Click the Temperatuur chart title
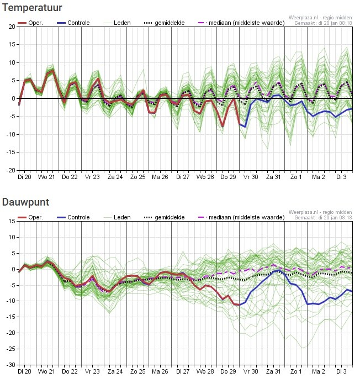click(32, 8)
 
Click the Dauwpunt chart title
click(25, 202)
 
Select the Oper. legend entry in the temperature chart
click(30, 23)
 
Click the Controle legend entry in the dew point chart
click(73, 217)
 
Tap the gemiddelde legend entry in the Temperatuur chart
click(164, 23)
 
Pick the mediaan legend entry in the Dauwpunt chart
click(241, 217)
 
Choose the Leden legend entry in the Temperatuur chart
click(117, 23)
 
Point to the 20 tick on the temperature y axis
click(12, 27)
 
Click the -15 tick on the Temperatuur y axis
click(11, 153)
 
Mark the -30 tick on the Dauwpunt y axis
click(11, 365)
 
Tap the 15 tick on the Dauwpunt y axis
click(12, 221)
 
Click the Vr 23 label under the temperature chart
click(92, 177)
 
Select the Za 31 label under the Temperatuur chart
click(273, 177)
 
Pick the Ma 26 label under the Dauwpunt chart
click(160, 371)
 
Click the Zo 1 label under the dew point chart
click(296, 371)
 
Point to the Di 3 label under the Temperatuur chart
click(341, 177)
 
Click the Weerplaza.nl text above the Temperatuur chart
click(303, 18)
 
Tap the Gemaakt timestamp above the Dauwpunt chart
click(323, 218)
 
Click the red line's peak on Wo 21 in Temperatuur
click(53, 70)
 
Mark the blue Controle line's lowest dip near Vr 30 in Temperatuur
click(245, 127)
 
